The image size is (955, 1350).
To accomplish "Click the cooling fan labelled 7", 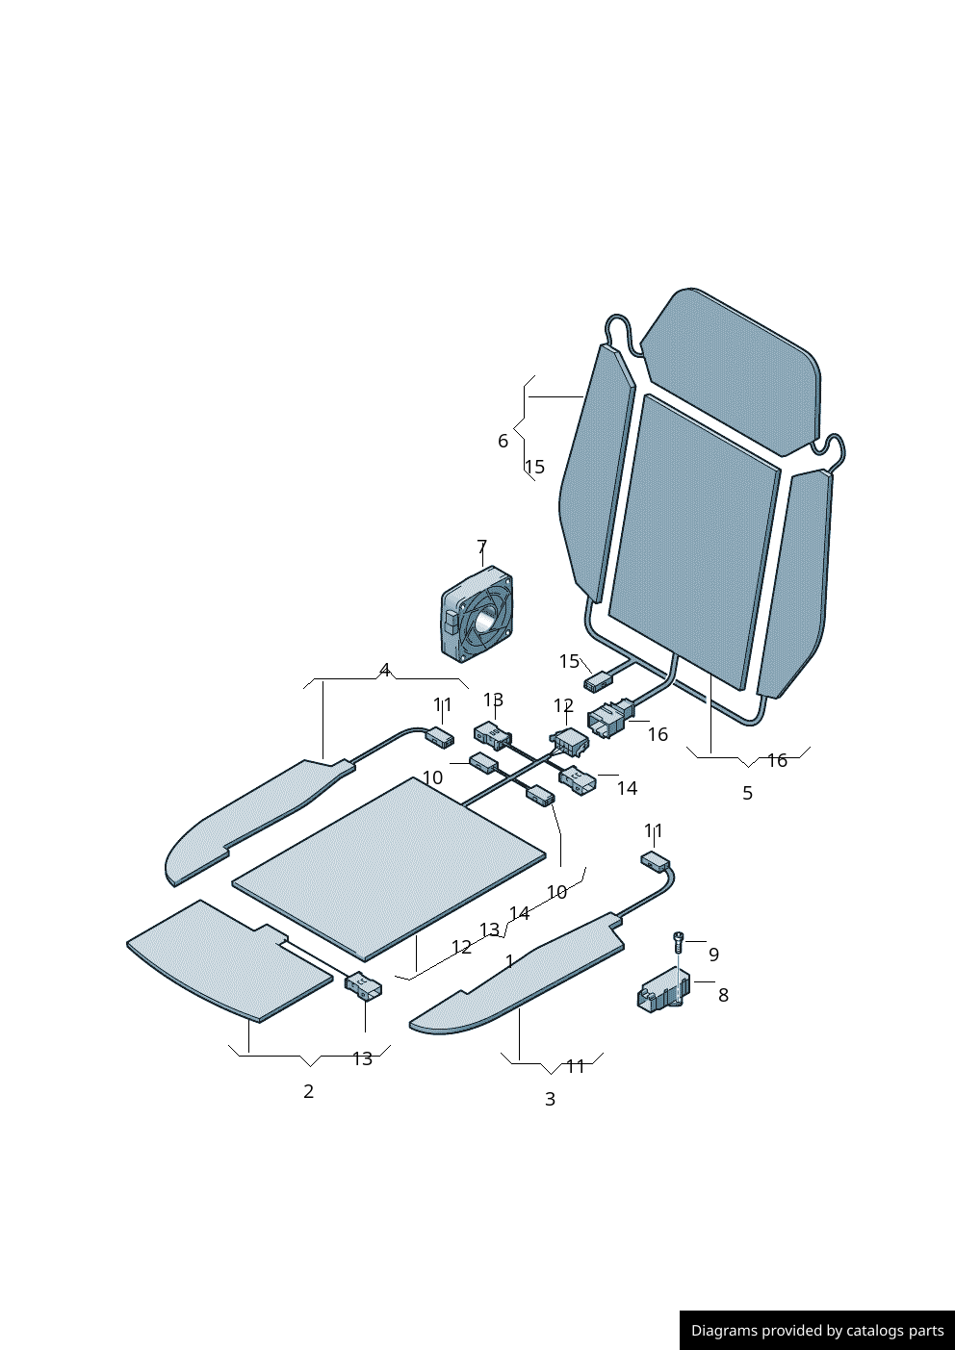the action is click(x=477, y=614).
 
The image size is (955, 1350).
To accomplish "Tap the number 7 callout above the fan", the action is click(x=481, y=547).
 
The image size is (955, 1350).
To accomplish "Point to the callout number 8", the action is click(x=724, y=995).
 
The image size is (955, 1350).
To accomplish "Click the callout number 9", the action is click(x=713, y=955).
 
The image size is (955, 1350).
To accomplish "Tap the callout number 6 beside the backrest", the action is click(x=503, y=441).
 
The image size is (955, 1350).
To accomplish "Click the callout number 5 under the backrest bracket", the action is click(x=748, y=793).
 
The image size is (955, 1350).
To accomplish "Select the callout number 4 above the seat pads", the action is click(x=385, y=670).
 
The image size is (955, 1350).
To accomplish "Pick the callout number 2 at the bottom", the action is click(x=309, y=1091).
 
